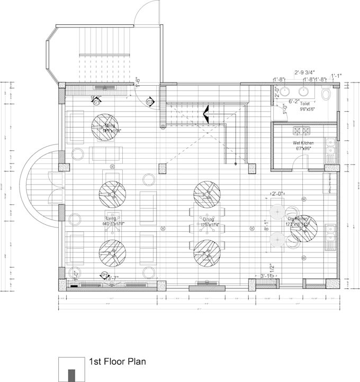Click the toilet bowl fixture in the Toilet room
(326, 94)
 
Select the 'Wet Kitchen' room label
(303, 143)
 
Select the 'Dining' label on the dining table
(208, 219)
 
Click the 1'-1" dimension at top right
(336, 76)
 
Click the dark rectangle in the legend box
(70, 374)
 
